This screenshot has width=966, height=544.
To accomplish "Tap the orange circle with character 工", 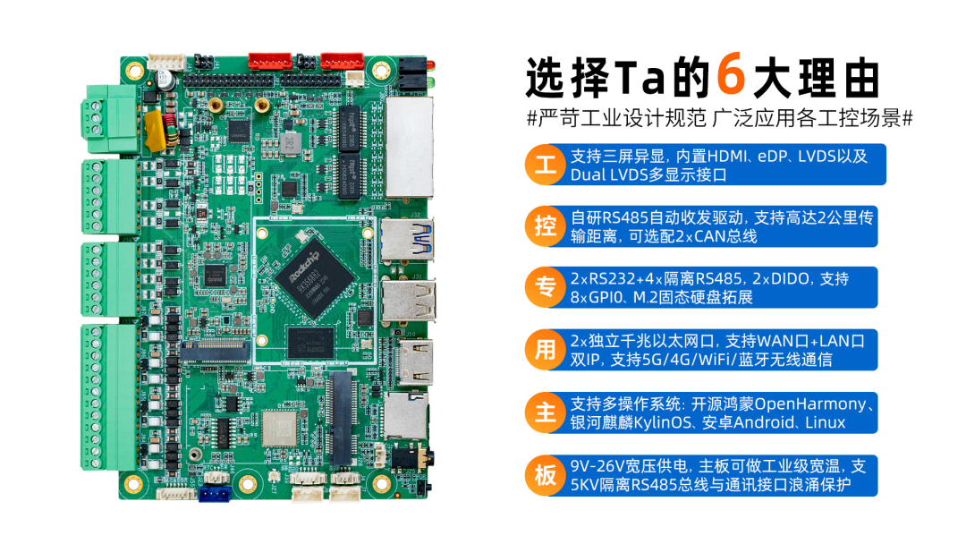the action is [x=546, y=165].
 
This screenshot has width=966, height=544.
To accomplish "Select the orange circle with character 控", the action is [x=546, y=226].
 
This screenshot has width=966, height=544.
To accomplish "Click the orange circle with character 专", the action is [x=546, y=288].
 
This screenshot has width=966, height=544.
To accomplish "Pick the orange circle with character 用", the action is [x=546, y=350].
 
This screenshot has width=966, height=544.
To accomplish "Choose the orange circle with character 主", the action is [x=546, y=412].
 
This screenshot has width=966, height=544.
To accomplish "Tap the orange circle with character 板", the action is [x=546, y=476].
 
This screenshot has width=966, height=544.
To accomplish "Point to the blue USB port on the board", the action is [x=407, y=239].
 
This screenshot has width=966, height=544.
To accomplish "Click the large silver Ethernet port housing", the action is [x=409, y=147].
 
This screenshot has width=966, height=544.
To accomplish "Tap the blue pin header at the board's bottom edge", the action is [x=215, y=494].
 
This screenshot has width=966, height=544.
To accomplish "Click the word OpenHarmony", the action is [x=810, y=404].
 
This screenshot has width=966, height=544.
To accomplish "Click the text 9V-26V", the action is [x=597, y=466].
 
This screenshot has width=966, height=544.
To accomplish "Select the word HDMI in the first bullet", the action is [x=727, y=157].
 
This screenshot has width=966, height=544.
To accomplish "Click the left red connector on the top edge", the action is [x=270, y=61].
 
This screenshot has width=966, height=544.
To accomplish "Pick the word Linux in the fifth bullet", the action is [x=826, y=422].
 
